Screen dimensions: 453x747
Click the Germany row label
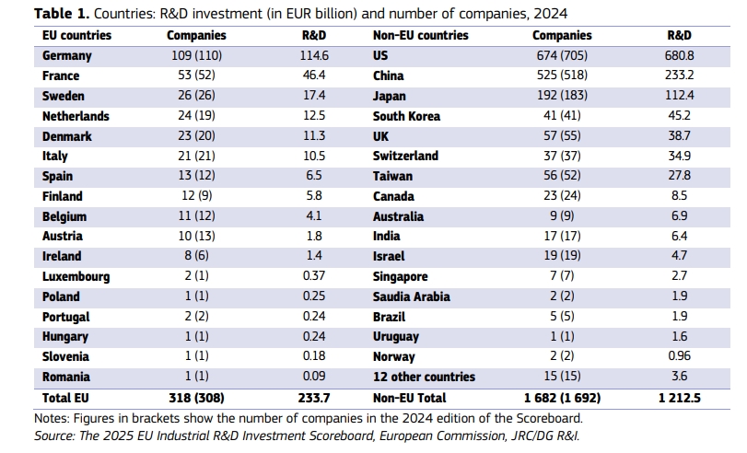pyautogui.click(x=67, y=56)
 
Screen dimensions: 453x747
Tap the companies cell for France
pyautogui.click(x=196, y=76)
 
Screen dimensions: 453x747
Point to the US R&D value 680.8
pyautogui.click(x=680, y=56)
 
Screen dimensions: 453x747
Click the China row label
pyautogui.click(x=389, y=76)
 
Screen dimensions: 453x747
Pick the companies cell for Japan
pyautogui.click(x=562, y=97)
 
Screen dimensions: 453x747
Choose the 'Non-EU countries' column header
pyautogui.click(x=421, y=36)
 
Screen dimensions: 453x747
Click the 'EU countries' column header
pyautogui.click(x=77, y=36)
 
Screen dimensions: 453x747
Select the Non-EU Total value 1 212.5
pyautogui.click(x=680, y=398)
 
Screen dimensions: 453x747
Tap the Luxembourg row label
pyautogui.click(x=76, y=277)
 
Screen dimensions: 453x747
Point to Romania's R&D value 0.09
pyautogui.click(x=315, y=377)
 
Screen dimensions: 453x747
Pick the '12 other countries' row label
pyautogui.click(x=425, y=377)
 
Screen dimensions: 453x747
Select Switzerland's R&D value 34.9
pyautogui.click(x=680, y=157)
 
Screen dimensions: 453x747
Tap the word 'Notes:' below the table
pyautogui.click(x=53, y=417)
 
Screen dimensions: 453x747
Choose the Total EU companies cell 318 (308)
pyautogui.click(x=196, y=398)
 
